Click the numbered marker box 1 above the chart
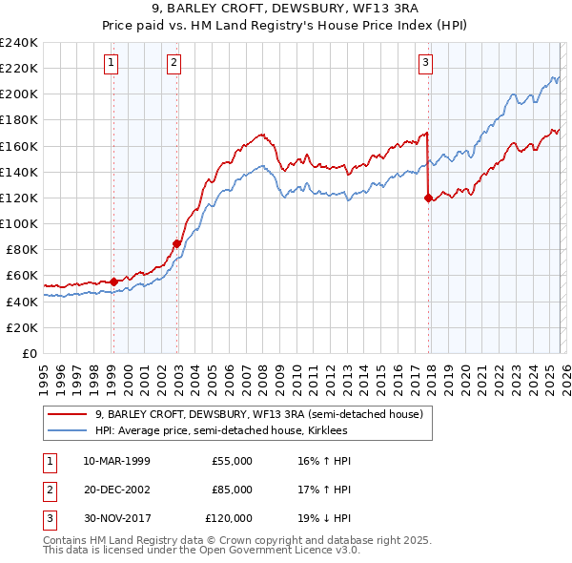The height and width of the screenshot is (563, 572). [x=112, y=64]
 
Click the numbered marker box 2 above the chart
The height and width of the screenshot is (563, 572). [x=174, y=64]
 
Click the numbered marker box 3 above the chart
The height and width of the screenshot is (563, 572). [x=424, y=64]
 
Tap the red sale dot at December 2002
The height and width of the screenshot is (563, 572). [x=177, y=243]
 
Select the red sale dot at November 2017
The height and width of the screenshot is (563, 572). [x=428, y=198]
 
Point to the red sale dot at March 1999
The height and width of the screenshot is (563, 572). [x=113, y=281]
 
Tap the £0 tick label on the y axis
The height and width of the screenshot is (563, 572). [x=28, y=353]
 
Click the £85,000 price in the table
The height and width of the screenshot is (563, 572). [x=232, y=490]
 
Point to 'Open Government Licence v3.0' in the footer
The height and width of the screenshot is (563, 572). [x=276, y=551]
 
